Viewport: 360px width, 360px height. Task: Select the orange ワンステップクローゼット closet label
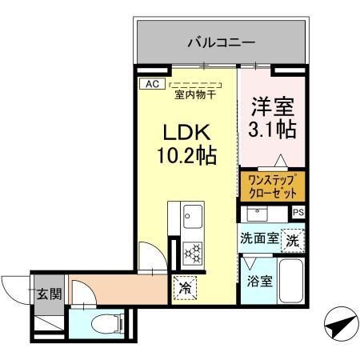coord(271,185)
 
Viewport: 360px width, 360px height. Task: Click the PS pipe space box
coord(298,212)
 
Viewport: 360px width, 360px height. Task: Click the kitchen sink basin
coord(193,215)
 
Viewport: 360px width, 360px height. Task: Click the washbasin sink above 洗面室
coord(256,214)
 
